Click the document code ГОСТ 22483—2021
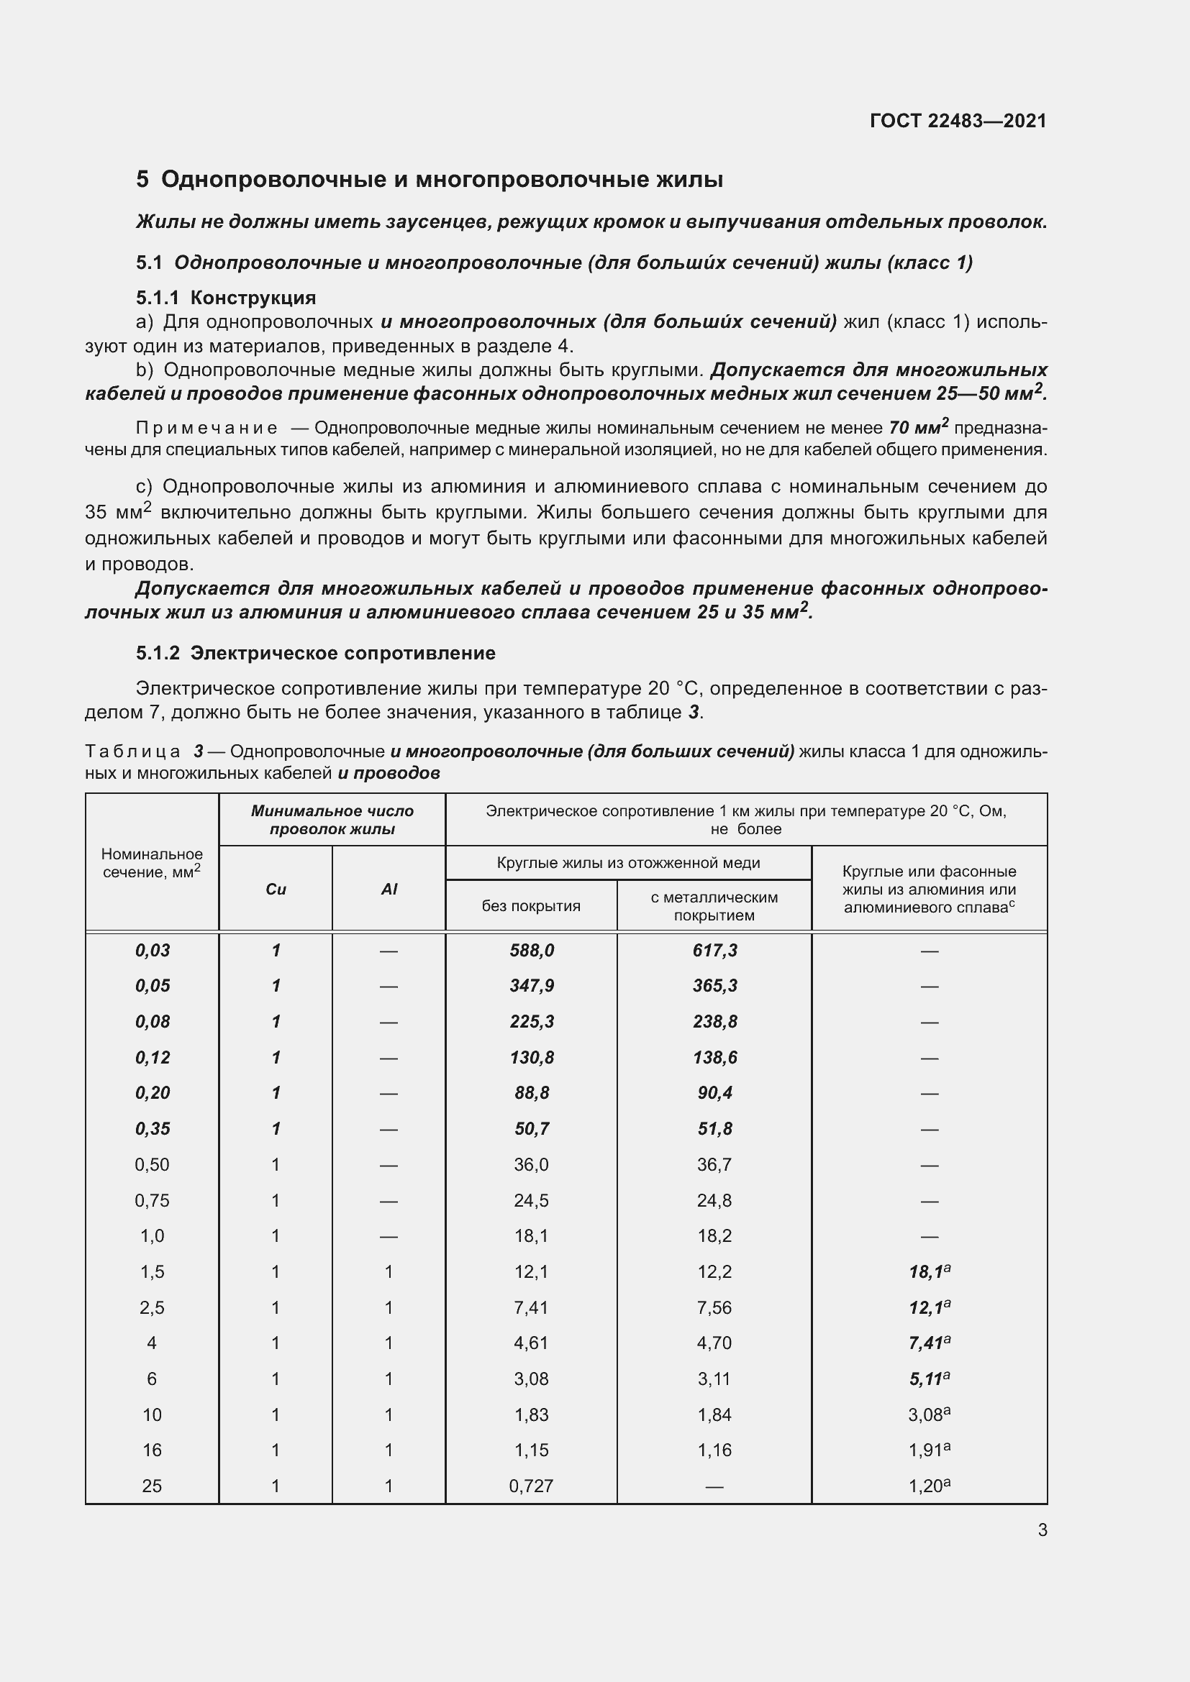[958, 121]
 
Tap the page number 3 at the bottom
[1042, 1530]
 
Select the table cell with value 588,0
[531, 950]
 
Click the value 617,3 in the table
[714, 950]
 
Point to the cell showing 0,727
[530, 1486]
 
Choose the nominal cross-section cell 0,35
[152, 1129]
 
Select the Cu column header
[276, 889]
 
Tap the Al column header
[389, 889]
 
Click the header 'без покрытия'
[530, 905]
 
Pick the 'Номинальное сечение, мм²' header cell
[152, 863]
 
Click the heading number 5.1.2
[158, 653]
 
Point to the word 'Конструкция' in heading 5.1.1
[253, 298]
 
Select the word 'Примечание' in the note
[206, 428]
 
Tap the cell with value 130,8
[531, 1057]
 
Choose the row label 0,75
[152, 1200]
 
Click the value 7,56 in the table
[714, 1307]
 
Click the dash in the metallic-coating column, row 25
[714, 1486]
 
